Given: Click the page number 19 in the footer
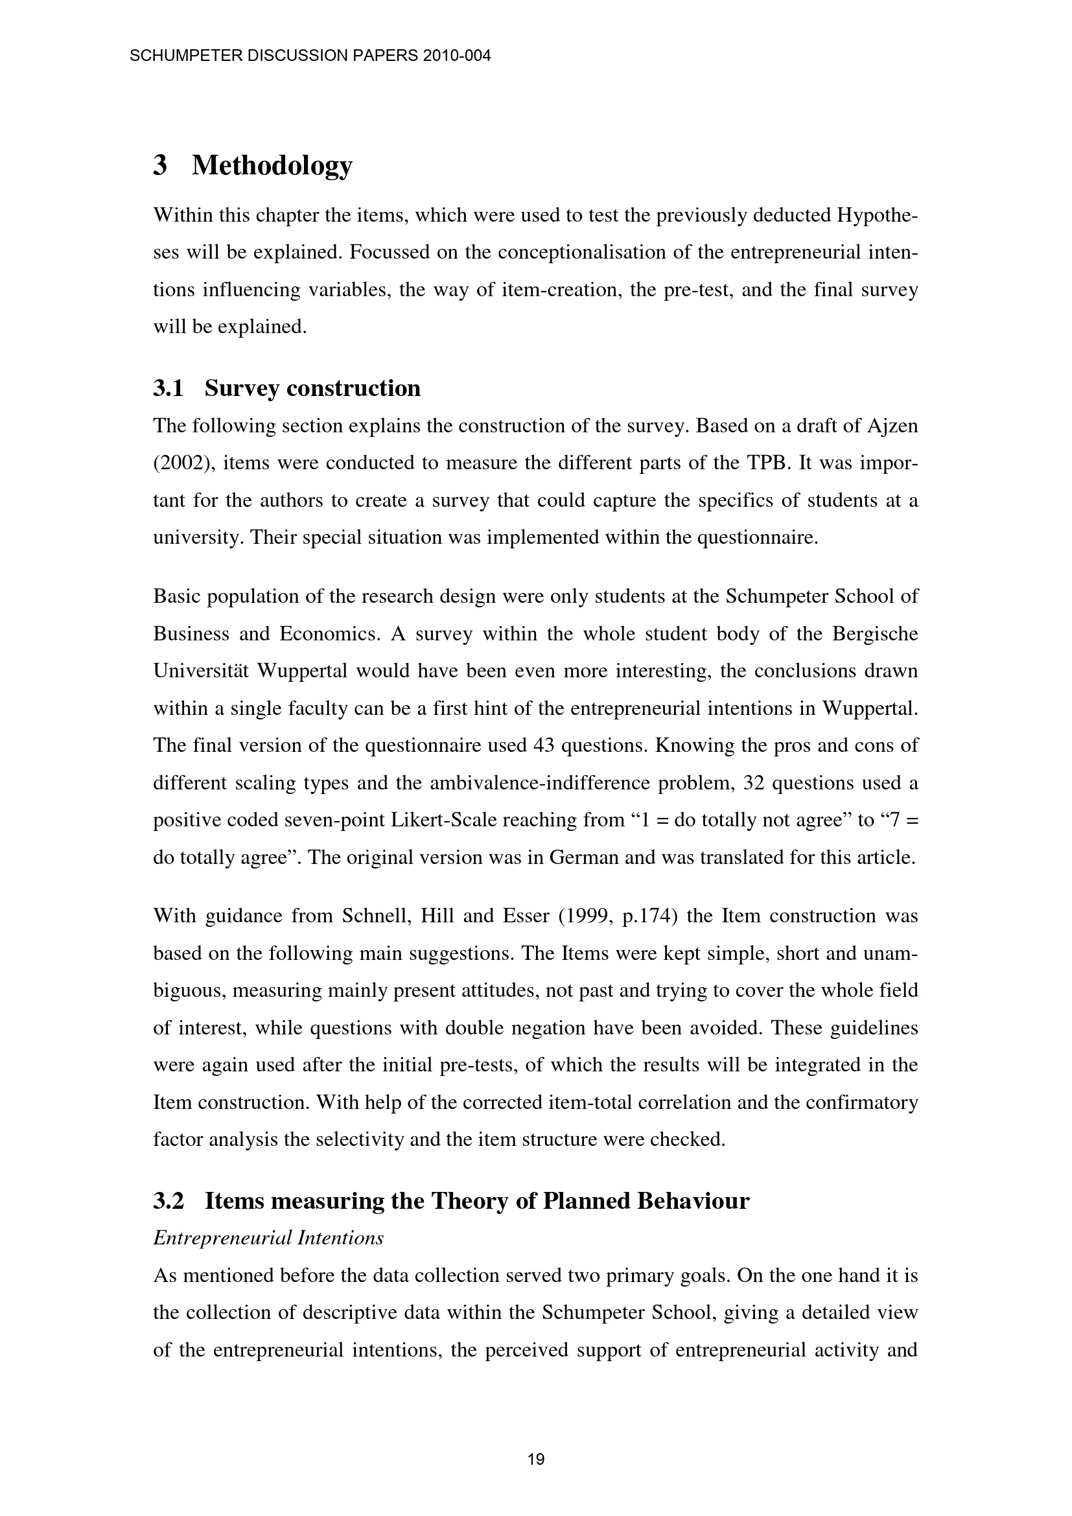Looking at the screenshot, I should (x=536, y=1459).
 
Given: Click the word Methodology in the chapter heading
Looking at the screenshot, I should (x=272, y=165).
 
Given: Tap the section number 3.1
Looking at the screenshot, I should (x=168, y=388).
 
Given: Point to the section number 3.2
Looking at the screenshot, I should (x=168, y=1201).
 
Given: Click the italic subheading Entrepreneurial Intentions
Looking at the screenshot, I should (x=268, y=1238).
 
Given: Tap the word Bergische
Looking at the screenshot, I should (x=874, y=634).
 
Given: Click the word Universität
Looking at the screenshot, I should (x=201, y=671).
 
